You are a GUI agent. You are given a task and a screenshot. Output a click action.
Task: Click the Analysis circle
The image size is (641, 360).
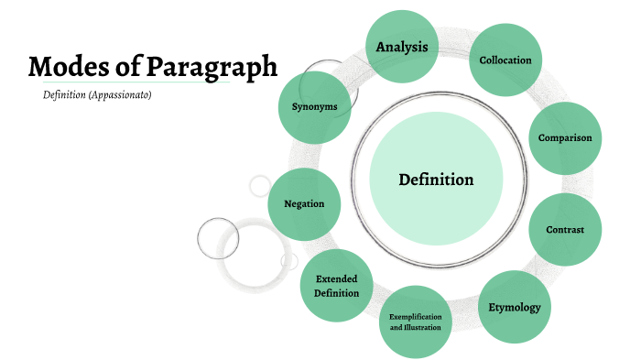(x=402, y=46)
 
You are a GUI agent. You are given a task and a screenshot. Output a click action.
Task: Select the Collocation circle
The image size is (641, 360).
(x=505, y=60)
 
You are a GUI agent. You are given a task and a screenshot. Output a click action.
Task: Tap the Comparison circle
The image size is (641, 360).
(x=565, y=138)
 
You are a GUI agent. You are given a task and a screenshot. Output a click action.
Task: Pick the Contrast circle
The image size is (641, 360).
(x=565, y=229)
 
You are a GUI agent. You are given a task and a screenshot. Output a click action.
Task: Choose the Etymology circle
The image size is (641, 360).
(x=515, y=307)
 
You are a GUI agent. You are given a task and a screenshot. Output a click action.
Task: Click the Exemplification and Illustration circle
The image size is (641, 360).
(x=415, y=322)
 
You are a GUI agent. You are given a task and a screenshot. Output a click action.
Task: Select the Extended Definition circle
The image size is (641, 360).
(x=336, y=286)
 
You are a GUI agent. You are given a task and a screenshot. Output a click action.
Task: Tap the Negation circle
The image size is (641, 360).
(x=305, y=204)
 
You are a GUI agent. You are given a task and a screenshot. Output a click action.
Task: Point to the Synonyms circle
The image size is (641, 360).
(x=314, y=106)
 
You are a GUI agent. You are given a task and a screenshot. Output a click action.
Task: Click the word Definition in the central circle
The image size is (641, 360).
(x=436, y=180)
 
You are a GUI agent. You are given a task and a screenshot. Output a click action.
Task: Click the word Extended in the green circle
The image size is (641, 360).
(x=336, y=278)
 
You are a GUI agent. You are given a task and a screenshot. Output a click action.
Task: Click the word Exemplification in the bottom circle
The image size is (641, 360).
(x=415, y=316)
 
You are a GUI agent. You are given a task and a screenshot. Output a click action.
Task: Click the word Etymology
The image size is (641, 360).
(x=515, y=307)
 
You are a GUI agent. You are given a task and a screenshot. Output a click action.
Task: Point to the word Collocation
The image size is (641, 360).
(x=505, y=60)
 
